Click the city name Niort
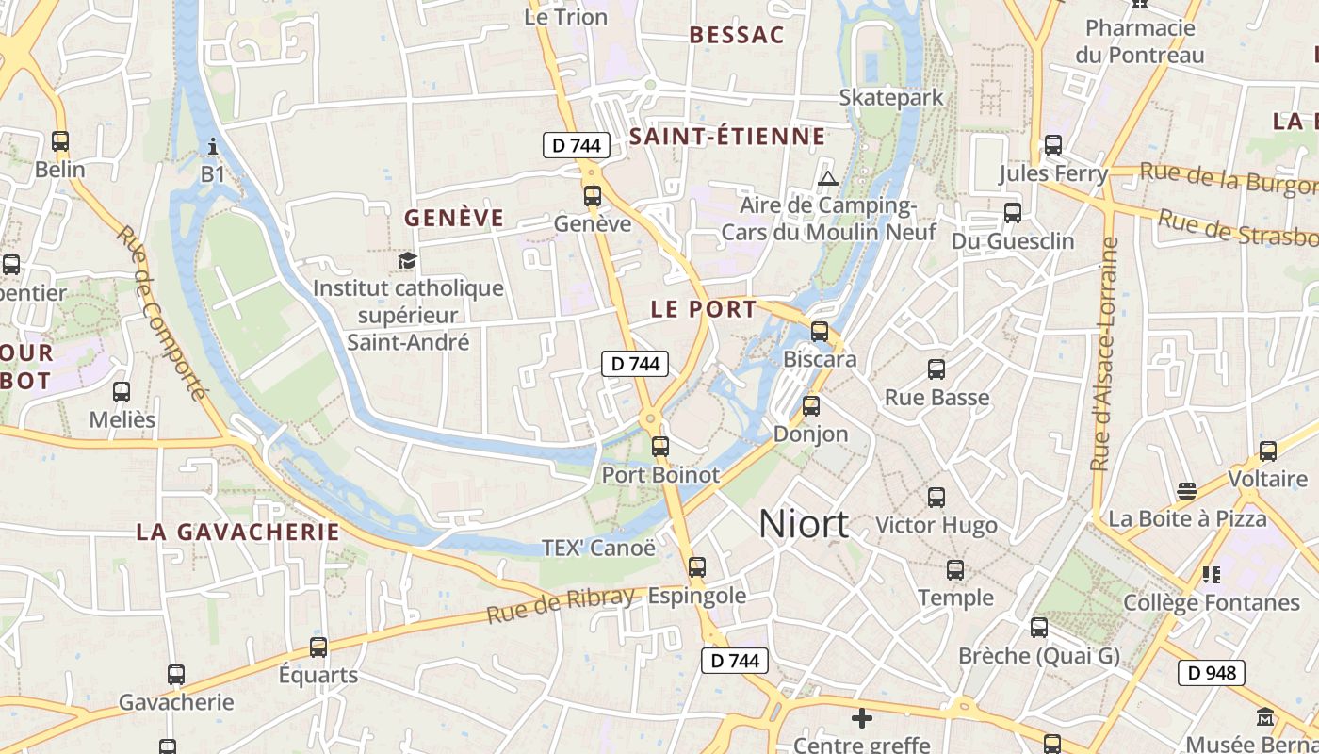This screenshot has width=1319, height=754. point(803,524)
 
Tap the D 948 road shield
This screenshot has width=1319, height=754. point(1212,673)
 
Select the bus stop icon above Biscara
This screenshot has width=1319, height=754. point(820,332)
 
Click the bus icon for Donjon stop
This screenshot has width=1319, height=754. point(810,406)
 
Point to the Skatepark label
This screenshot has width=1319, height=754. point(890,97)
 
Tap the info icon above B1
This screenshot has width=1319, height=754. point(213,146)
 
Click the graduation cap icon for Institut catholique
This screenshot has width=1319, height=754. point(407,260)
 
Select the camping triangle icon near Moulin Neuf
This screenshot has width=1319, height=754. point(827,178)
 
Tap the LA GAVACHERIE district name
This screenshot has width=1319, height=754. point(237,532)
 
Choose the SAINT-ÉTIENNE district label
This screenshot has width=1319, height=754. point(727,137)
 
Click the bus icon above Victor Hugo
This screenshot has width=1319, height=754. point(936,497)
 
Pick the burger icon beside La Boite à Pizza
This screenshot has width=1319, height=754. point(1187,491)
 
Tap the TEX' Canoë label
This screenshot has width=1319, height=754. point(598,548)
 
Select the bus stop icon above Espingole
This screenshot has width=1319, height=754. point(696,567)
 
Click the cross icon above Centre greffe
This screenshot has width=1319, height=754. point(861,718)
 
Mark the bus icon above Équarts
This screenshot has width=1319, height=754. point(318,647)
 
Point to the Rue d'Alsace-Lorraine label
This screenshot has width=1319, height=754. point(1103,353)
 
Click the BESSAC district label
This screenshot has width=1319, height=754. point(737,35)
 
